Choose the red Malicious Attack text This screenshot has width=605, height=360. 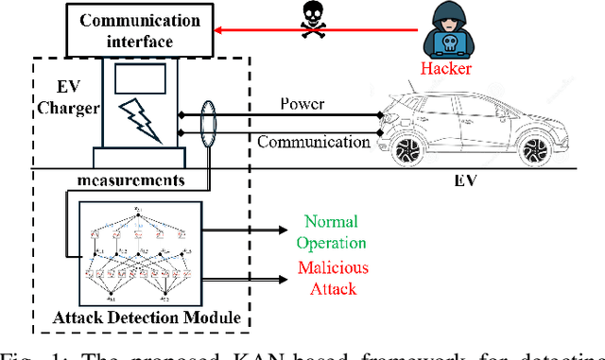pos(334,277)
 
